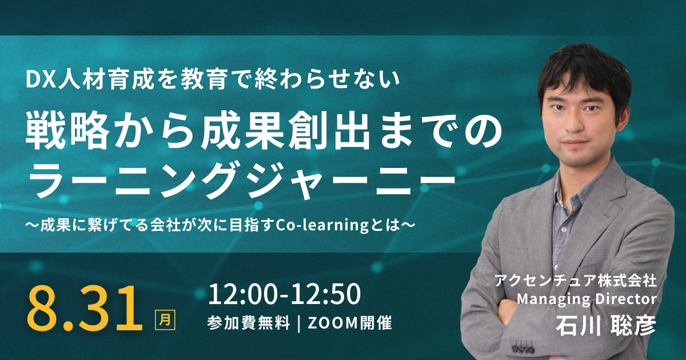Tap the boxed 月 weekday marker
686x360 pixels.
click(165, 320)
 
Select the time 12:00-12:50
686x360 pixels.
click(285, 294)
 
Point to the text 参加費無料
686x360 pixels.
click(248, 323)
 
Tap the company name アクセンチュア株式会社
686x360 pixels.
click(576, 281)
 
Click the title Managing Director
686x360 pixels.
click(587, 299)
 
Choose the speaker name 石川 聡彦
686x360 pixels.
click(606, 325)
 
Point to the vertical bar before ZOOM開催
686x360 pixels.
click(298, 323)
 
